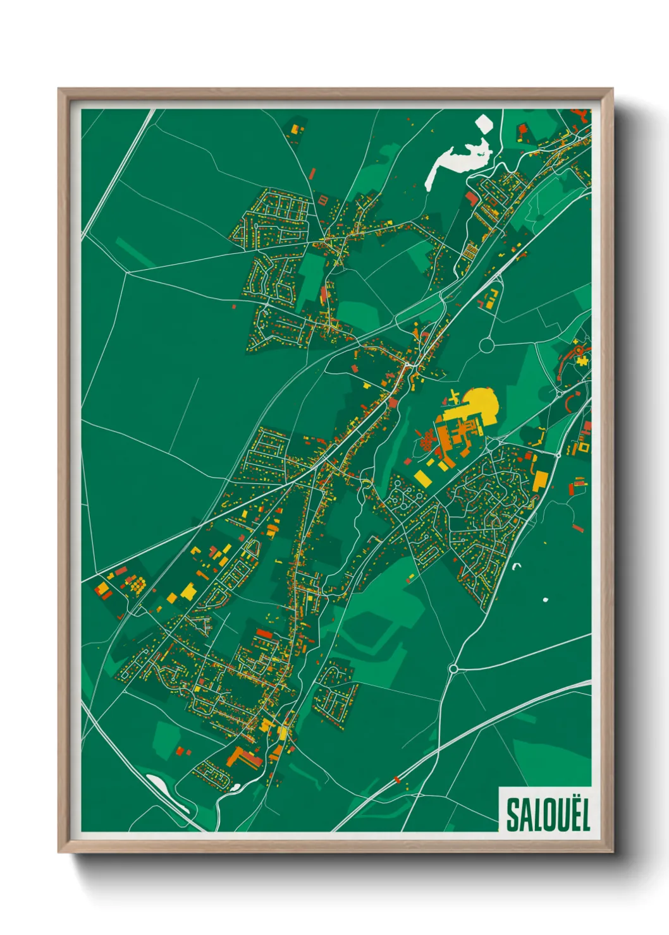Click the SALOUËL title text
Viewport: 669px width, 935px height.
[x=548, y=814]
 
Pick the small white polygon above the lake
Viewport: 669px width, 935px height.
[x=484, y=123]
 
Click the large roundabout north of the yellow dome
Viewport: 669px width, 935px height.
[x=486, y=345]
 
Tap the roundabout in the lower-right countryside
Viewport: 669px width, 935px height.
[x=453, y=668]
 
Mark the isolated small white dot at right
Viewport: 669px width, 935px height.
[x=546, y=599]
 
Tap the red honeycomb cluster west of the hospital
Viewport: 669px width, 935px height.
[x=426, y=439]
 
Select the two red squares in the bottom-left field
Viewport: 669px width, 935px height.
[x=183, y=751]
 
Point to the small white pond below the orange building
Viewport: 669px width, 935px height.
[x=235, y=788]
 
